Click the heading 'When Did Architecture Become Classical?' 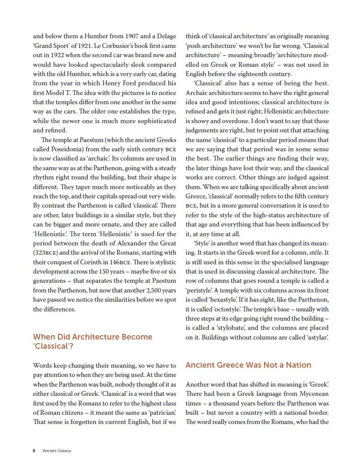click(92, 341)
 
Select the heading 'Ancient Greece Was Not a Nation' click(248, 365)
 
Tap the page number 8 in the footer click(34, 450)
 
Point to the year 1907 click(135, 36)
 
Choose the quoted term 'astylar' click(316, 337)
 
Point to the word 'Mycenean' click(311, 394)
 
